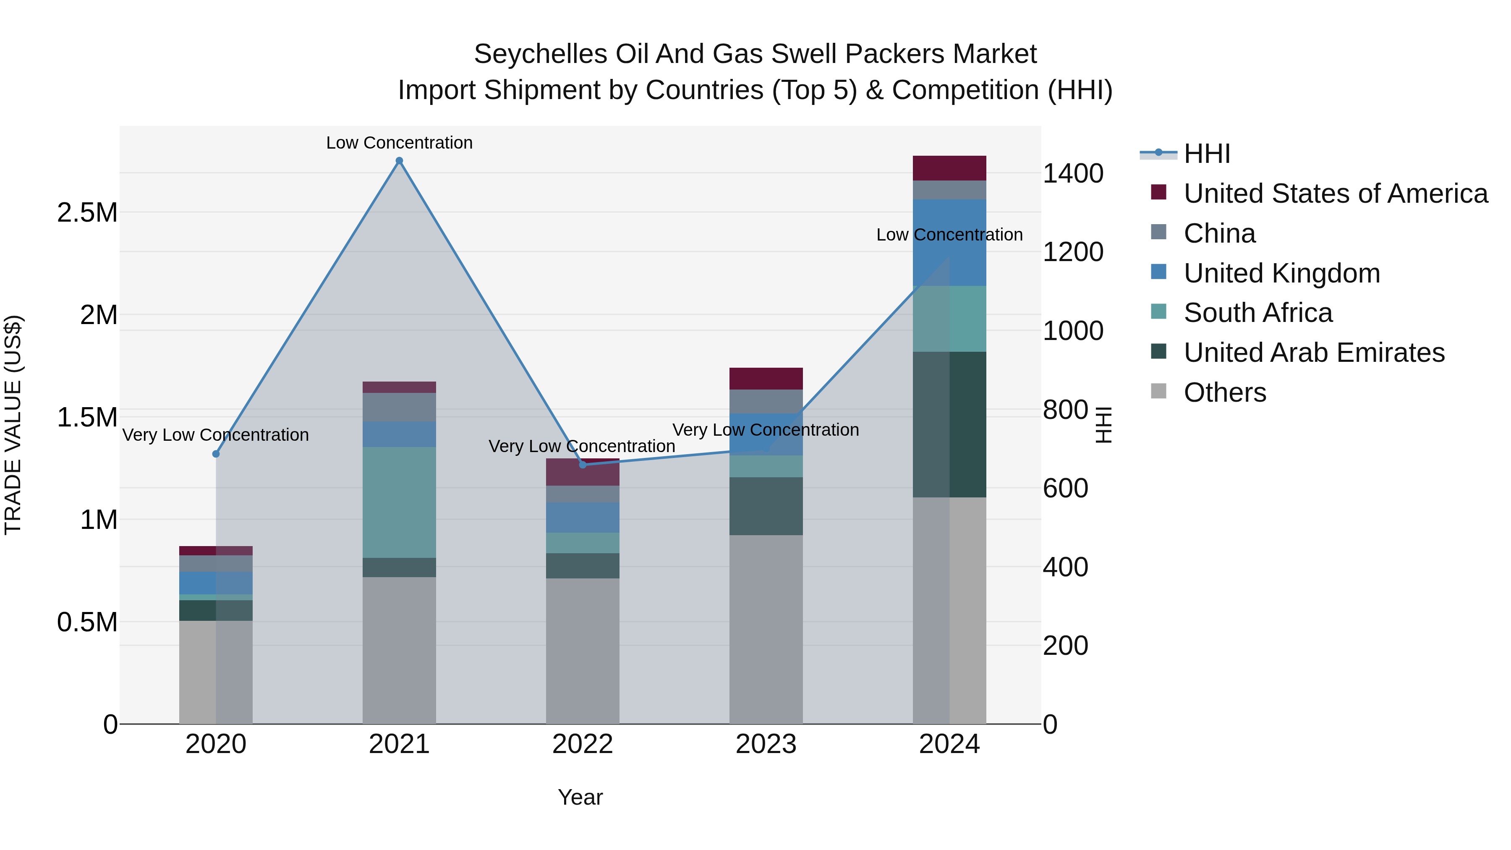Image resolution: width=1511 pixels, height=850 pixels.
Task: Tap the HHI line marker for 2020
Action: pos(216,453)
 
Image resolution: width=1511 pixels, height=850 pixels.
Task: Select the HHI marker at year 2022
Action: pos(583,465)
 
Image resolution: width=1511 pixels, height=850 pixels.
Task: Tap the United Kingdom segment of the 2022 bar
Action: pos(583,518)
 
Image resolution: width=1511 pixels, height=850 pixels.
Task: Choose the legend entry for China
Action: pos(1219,233)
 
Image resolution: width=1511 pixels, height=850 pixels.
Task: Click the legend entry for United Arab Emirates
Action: pos(1314,353)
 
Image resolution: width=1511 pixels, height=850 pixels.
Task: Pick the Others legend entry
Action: pos(1224,392)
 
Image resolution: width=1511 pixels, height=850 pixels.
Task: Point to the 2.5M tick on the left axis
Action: pos(87,212)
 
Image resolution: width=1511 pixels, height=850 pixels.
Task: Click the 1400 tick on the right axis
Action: pos(1073,174)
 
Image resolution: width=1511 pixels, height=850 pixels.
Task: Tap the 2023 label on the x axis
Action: pos(766,744)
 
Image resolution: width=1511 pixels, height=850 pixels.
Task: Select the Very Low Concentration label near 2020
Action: pos(215,435)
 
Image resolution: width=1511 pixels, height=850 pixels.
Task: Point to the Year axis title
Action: pos(580,797)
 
